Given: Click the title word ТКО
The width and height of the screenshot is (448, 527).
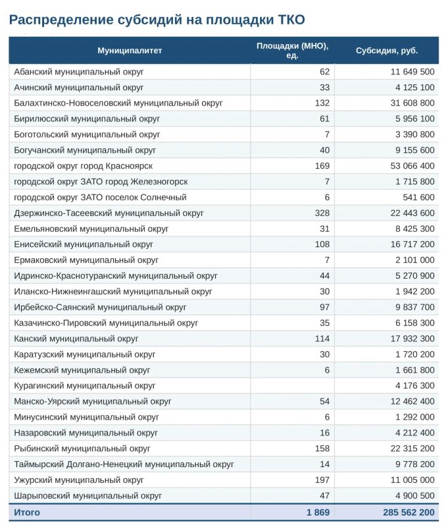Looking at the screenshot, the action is [x=291, y=20].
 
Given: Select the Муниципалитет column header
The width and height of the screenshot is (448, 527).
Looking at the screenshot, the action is [x=130, y=51].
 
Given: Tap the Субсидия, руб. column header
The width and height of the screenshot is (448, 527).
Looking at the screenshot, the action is [x=387, y=51].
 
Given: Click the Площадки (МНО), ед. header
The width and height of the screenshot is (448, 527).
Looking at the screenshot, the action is [x=292, y=51].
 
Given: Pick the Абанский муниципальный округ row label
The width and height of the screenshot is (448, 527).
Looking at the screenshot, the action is [x=79, y=72].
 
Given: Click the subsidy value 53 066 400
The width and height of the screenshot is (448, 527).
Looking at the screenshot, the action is [x=412, y=166].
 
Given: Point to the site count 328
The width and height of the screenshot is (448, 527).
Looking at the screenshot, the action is [x=322, y=213].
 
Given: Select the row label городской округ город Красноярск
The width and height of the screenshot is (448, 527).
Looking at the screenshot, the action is [x=84, y=166].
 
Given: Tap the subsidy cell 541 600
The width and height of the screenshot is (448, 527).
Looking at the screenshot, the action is [x=418, y=197].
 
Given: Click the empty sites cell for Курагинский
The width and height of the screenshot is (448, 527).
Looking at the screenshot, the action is [x=292, y=385].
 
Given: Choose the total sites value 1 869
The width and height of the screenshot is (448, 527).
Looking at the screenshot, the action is [x=318, y=513].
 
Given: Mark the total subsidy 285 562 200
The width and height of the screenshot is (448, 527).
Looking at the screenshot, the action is [x=409, y=513].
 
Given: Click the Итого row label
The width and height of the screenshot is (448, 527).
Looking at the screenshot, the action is [x=27, y=513].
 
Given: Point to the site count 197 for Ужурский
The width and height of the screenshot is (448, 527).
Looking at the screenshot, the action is [x=322, y=480].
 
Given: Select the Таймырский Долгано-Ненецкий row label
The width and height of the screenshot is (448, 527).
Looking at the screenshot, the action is [x=124, y=464].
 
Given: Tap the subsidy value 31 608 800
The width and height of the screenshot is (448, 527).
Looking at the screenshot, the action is [x=412, y=103].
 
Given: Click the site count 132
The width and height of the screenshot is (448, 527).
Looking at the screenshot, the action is [x=322, y=103].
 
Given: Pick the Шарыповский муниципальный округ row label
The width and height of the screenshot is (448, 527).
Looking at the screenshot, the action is [x=88, y=496].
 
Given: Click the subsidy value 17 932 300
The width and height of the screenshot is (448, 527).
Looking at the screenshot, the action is [x=412, y=339].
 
